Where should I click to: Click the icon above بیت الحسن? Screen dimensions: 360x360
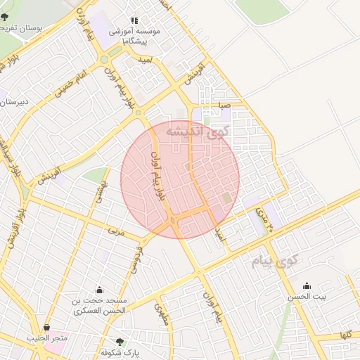point(307,286)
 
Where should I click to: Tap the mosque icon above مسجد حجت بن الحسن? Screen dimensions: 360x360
point(99,290)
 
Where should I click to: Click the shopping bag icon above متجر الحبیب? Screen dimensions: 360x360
point(46,328)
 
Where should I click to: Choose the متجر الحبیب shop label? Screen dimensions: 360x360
point(47,339)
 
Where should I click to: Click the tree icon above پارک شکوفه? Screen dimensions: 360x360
point(120,342)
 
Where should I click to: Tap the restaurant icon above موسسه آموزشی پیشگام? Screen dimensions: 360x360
point(135,21)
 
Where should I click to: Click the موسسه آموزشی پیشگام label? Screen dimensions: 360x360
point(135,37)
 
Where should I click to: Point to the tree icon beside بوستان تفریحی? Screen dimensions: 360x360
point(6,17)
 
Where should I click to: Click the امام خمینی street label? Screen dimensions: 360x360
point(73,82)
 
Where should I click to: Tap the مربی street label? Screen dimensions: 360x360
point(115,231)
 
